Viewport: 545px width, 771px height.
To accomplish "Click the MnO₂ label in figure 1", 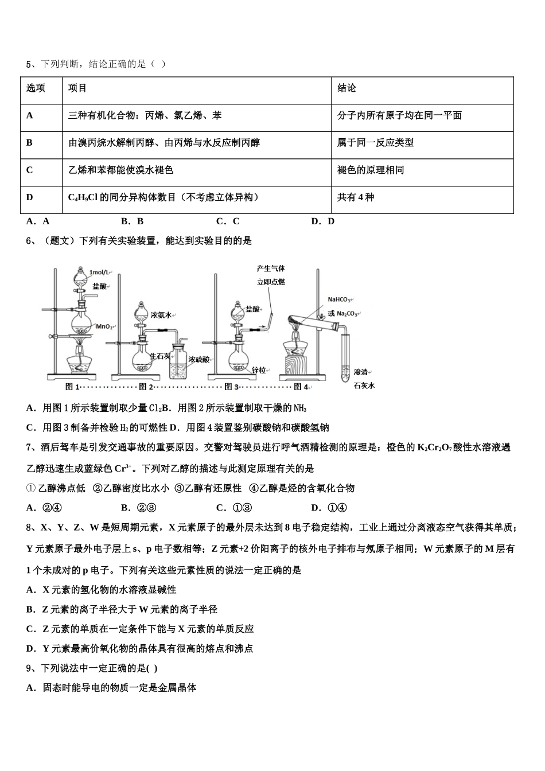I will (104, 326).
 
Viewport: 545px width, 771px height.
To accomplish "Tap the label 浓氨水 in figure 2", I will (161, 315).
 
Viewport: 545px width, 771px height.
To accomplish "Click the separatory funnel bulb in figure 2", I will (141, 314).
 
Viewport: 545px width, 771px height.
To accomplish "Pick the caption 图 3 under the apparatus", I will (231, 387).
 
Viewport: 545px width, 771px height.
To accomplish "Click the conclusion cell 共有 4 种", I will (356, 197).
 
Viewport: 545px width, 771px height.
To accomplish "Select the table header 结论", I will (347, 88).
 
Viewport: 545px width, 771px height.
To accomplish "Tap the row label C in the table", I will (29, 170).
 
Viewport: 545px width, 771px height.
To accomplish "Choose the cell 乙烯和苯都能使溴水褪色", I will (120, 170).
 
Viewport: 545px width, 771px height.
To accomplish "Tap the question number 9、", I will (32, 668).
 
